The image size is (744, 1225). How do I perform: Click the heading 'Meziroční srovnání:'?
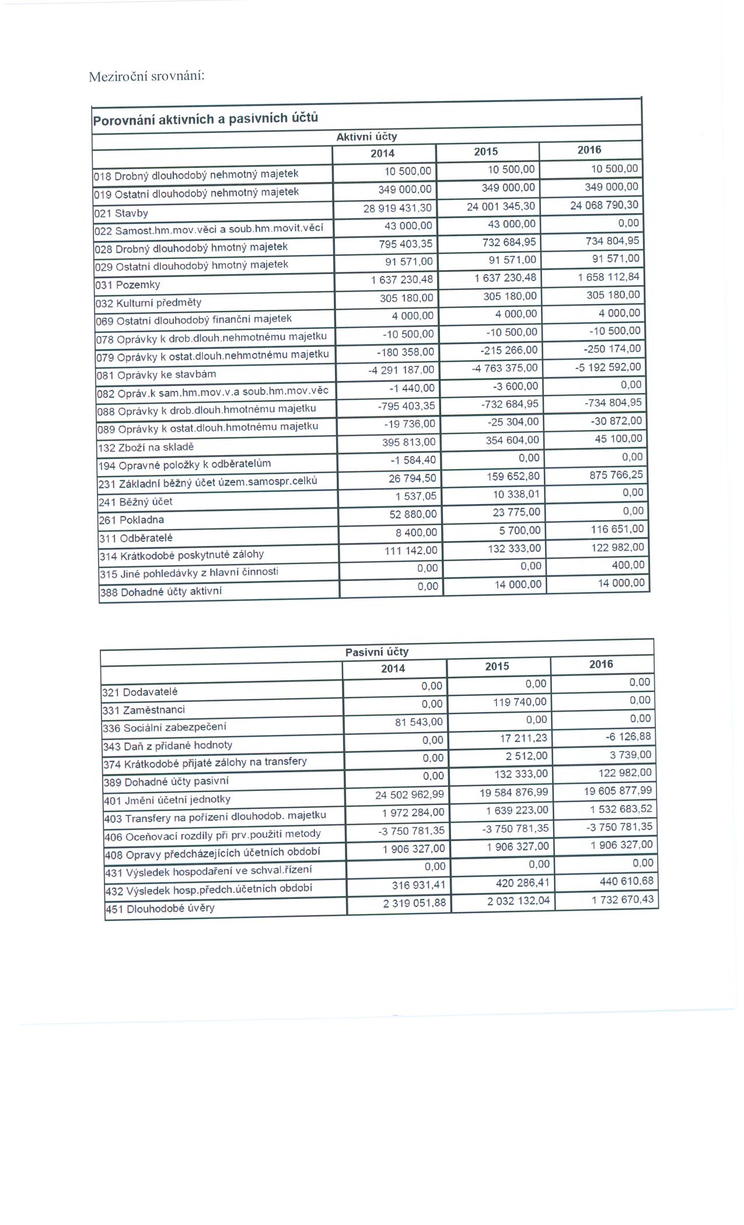146,76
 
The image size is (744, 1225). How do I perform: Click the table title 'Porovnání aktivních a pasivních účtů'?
205,119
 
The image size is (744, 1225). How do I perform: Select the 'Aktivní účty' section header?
366,136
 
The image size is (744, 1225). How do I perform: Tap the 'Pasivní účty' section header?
376,652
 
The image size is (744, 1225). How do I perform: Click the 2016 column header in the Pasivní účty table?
601,664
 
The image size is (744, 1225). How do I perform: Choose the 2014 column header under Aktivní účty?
382,153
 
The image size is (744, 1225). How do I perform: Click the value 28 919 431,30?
398,208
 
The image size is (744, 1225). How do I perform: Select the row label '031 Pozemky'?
127,285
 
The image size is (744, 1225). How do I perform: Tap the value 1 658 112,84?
609,276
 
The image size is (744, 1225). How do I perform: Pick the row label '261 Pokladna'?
131,520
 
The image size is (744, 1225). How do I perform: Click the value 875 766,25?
616,475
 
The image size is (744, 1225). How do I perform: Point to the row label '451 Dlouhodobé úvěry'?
159,908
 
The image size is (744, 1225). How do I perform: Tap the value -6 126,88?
628,737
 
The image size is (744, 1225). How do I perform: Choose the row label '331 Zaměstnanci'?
144,710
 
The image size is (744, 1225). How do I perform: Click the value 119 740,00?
520,702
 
